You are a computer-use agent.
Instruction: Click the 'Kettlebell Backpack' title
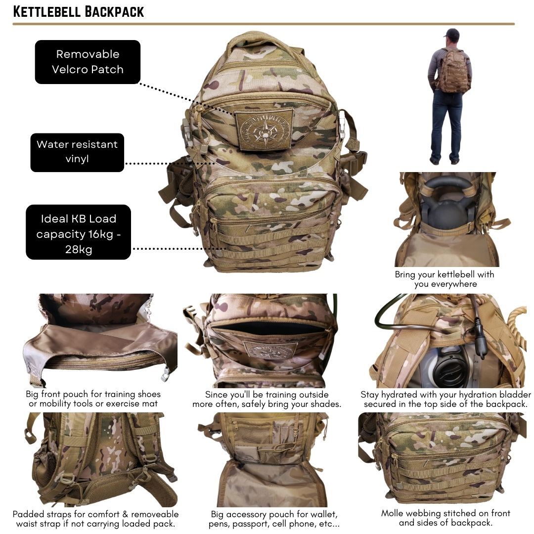coord(78,11)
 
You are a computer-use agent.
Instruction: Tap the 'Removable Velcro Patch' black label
coord(88,62)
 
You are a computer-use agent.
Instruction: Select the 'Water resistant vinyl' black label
coord(77,152)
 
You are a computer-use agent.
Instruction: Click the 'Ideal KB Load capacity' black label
coord(78,232)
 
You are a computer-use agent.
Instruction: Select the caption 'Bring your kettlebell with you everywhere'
coord(445,279)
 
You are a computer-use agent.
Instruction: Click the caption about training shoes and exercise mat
coord(93,399)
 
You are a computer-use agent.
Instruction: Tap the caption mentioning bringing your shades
coord(267,399)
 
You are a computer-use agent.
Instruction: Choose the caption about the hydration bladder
coord(445,399)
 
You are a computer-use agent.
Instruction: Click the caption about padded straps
coord(96,519)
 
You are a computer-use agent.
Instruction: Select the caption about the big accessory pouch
coord(274,519)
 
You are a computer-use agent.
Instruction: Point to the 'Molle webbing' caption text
coord(445,518)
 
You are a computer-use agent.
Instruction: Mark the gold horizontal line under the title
coord(264,24)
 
